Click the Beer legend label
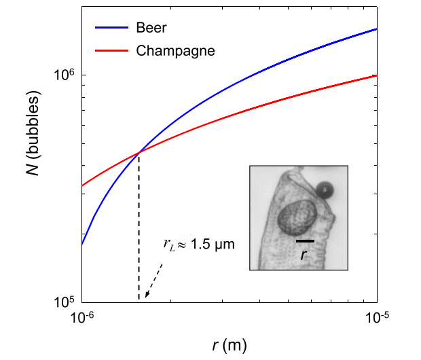pos(151,29)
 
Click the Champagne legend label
pos(175,51)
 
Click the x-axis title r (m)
pos(229,345)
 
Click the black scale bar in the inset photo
pos(305,240)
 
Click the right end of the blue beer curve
pos(376,29)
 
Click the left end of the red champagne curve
pos(82,185)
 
